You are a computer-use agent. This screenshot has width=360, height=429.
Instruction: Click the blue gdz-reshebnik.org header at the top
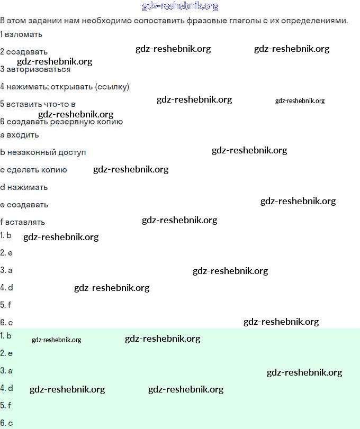click(x=180, y=6)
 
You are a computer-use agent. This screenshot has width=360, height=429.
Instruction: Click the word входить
click(x=23, y=135)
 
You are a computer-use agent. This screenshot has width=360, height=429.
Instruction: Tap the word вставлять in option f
click(x=26, y=222)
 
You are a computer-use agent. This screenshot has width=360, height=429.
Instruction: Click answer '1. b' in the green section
click(x=6, y=335)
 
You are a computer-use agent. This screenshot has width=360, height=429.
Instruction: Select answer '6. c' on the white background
click(x=6, y=322)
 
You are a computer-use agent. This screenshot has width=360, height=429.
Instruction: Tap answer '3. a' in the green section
click(x=6, y=370)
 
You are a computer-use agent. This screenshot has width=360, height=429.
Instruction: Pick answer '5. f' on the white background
click(x=6, y=305)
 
